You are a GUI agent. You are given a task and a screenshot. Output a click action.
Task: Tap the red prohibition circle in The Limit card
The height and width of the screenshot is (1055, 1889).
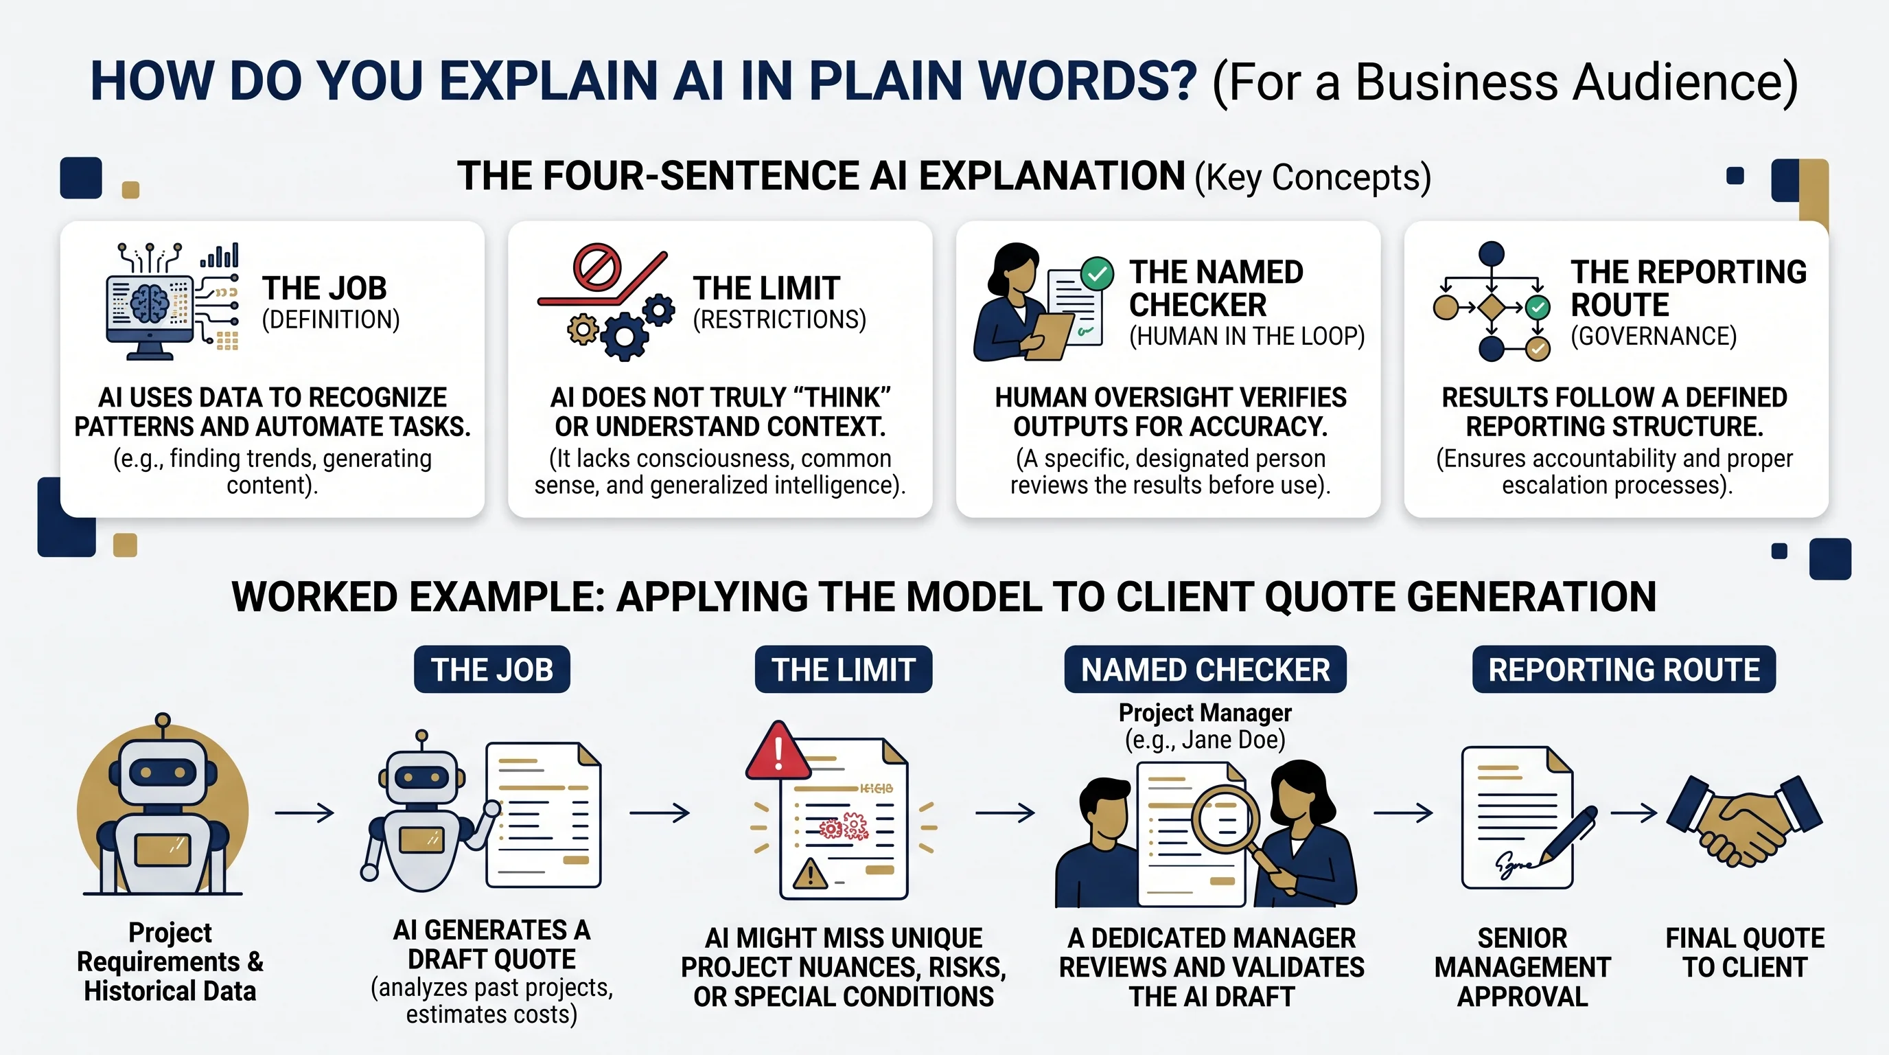tap(597, 267)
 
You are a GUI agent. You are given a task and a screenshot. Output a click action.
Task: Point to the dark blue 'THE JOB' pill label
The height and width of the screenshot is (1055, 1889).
tap(492, 669)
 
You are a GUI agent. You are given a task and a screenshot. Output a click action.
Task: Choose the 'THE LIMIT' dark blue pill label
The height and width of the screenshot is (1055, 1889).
tap(844, 669)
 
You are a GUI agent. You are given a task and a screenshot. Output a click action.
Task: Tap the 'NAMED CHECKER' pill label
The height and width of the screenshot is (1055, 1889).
tap(1205, 669)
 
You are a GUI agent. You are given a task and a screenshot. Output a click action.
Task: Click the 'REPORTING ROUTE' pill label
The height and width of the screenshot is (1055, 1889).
tap(1624, 669)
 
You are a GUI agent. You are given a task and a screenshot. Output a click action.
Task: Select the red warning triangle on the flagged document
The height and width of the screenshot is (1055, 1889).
tap(778, 751)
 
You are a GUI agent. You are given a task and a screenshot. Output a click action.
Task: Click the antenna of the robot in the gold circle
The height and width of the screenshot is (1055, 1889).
tap(163, 726)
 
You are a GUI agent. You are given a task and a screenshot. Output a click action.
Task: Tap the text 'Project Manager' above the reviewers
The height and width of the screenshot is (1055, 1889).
tap(1205, 712)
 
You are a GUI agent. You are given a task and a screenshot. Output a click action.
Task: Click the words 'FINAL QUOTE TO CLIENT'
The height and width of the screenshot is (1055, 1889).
tap(1746, 952)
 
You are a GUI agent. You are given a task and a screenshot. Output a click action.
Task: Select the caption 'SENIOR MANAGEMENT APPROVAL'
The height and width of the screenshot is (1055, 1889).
tap(1522, 967)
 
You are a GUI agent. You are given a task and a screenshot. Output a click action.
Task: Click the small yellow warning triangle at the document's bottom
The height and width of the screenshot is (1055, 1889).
tap(810, 874)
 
